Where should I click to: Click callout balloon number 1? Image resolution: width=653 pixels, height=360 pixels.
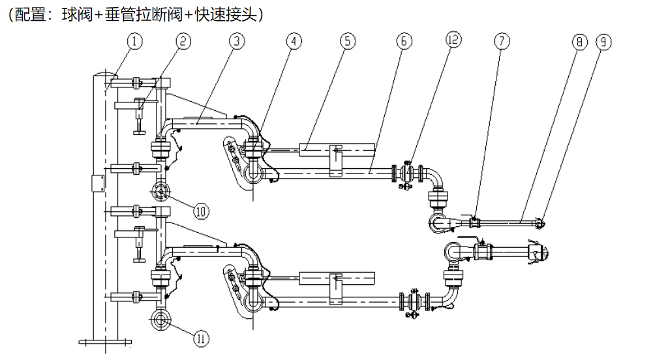click(x=135, y=42)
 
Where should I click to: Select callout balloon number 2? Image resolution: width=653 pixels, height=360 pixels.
click(x=183, y=42)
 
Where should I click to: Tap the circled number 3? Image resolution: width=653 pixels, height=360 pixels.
click(x=237, y=42)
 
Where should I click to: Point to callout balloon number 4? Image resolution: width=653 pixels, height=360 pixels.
click(x=294, y=42)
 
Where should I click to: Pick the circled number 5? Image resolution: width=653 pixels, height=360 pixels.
click(x=348, y=42)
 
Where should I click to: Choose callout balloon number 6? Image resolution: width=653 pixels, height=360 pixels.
click(x=403, y=42)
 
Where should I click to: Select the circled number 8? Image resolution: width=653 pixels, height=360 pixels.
click(x=579, y=42)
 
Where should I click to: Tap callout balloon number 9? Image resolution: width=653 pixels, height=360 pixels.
click(x=603, y=42)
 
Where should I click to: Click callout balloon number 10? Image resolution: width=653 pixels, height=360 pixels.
click(x=200, y=211)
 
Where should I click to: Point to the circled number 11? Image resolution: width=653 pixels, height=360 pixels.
click(x=201, y=338)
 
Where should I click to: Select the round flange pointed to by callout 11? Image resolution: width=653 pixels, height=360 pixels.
click(x=160, y=320)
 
